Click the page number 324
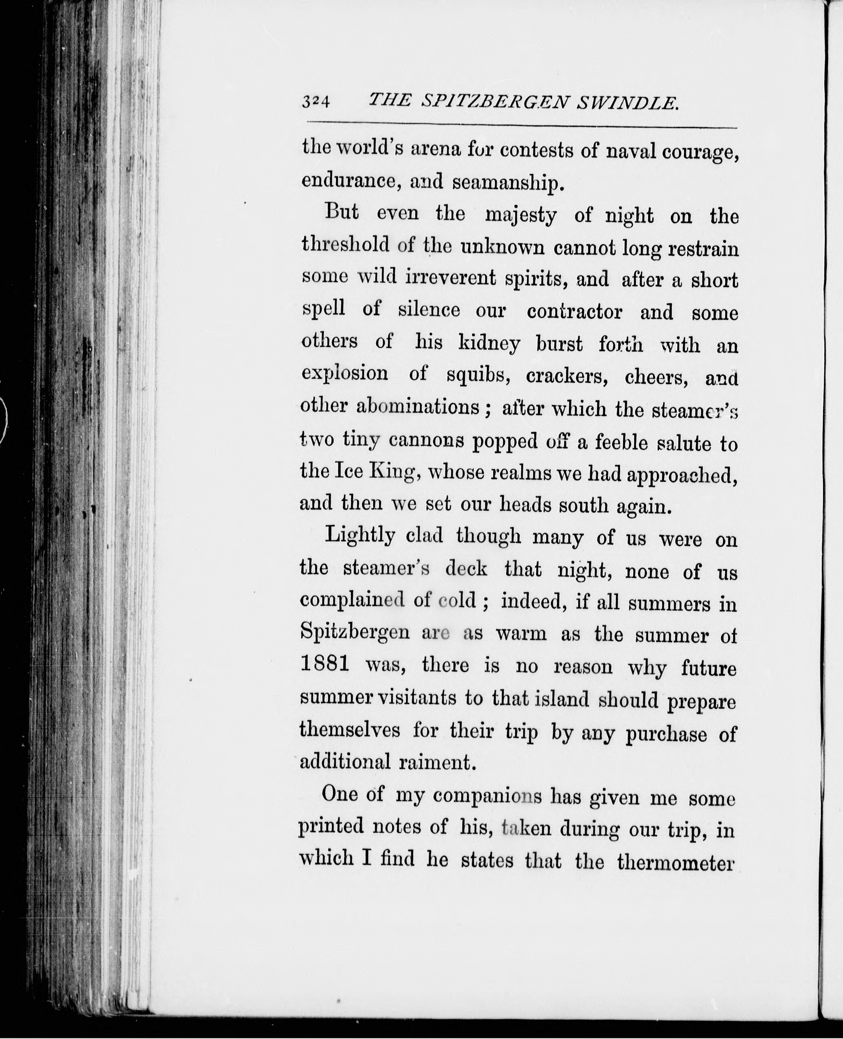point(316,102)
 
